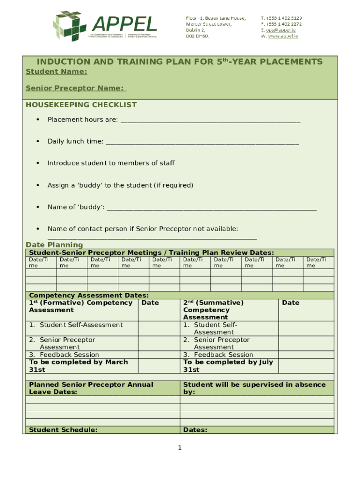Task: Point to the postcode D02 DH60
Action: [x=197, y=36]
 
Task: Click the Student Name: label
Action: [x=56, y=72]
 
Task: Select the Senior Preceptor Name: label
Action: [x=76, y=88]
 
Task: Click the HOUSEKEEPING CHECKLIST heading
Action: [x=81, y=105]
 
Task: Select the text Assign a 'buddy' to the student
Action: [x=120, y=185]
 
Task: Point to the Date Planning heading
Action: [x=54, y=245]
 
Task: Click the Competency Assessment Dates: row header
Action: [x=89, y=295]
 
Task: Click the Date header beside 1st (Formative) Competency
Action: [x=150, y=303]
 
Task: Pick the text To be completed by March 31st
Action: [x=79, y=366]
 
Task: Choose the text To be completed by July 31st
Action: [x=228, y=366]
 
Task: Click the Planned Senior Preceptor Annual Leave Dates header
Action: [x=91, y=388]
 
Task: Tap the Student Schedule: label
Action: [x=63, y=430]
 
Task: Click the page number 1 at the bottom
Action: [x=179, y=449]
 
